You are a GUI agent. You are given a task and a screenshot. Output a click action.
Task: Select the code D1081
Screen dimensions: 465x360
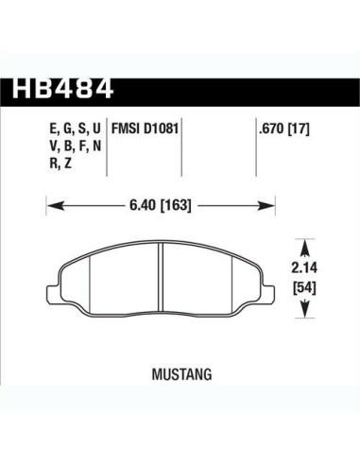pyautogui.click(x=161, y=123)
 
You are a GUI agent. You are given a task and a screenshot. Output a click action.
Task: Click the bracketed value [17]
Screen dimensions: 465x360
pyautogui.click(x=302, y=123)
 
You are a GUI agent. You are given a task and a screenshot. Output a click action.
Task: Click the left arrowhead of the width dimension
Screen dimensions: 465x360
pyautogui.click(x=50, y=202)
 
